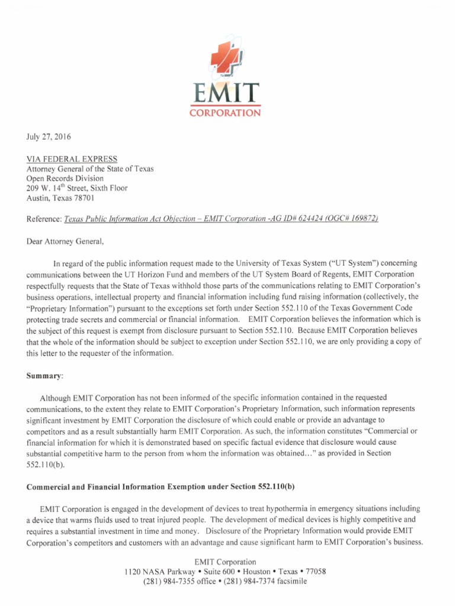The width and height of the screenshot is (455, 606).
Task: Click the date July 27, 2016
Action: pos(49,137)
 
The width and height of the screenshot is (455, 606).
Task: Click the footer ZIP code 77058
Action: pos(314,572)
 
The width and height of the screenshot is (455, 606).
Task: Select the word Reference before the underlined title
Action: pos(43,219)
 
